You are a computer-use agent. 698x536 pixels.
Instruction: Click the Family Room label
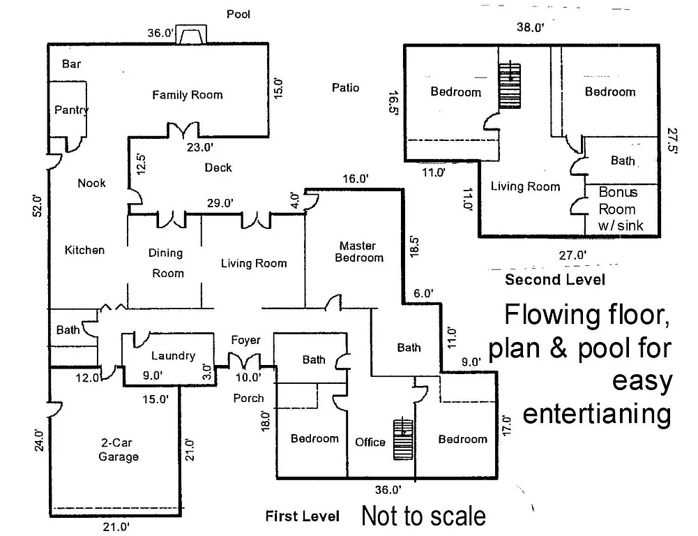(x=188, y=95)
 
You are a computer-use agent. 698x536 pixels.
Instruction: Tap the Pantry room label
(x=71, y=110)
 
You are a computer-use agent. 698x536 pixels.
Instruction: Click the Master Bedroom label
(x=359, y=251)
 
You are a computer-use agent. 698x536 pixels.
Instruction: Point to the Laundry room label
(x=173, y=356)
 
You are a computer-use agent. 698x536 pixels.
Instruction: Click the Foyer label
(x=245, y=340)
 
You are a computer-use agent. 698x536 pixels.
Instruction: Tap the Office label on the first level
(x=370, y=442)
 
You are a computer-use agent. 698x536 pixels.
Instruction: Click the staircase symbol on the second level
(x=510, y=85)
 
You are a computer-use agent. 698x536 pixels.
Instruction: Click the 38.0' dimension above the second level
(x=529, y=28)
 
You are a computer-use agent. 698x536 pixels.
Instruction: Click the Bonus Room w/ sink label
(x=617, y=209)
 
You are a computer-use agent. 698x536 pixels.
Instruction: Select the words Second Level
(x=555, y=280)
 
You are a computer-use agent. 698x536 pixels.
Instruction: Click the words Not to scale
(x=423, y=516)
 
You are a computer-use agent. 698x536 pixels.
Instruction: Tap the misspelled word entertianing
(x=597, y=414)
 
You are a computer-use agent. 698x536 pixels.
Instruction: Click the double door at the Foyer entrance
(x=245, y=363)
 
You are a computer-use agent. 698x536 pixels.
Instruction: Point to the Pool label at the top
(x=238, y=14)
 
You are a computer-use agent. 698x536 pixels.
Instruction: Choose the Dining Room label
(x=166, y=263)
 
